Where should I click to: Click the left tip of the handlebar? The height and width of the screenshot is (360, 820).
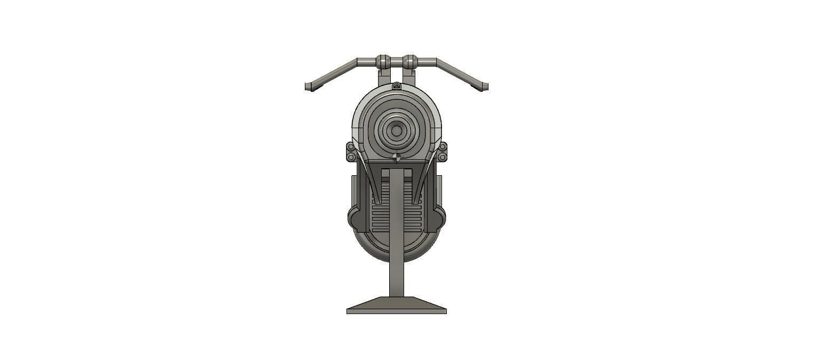308,87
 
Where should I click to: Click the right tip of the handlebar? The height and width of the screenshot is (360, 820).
485,87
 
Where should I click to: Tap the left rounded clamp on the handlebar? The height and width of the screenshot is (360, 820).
382,62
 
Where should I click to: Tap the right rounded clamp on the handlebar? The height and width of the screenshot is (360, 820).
409,62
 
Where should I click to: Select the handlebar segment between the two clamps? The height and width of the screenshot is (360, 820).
396,62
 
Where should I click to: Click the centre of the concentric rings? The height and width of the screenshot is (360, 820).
396,131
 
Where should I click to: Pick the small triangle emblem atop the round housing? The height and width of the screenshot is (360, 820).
396,86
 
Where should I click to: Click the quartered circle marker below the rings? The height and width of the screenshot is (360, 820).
396,157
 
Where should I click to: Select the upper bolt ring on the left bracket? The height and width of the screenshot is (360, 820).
351,147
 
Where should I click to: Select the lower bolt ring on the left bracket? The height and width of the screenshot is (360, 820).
351,157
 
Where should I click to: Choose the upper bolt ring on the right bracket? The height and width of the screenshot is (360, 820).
442,147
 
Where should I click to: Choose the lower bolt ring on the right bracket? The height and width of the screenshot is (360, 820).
442,157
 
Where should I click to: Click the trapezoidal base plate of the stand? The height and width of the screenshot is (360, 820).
396,306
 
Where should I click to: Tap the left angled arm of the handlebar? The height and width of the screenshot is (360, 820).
334,74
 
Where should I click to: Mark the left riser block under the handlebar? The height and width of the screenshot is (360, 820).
384,78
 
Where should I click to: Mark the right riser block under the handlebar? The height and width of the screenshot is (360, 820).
409,78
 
